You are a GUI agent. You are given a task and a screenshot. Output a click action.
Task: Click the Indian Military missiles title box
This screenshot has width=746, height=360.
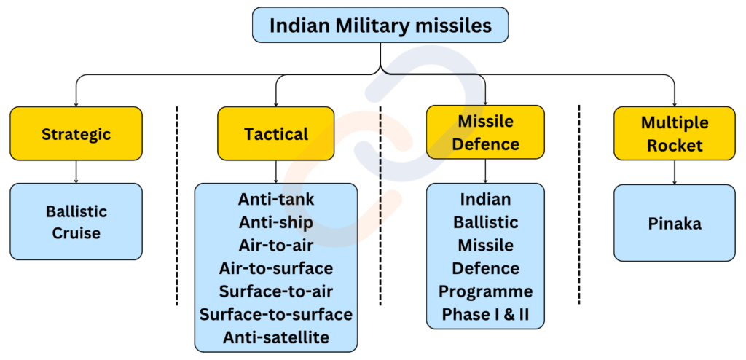[x=380, y=26]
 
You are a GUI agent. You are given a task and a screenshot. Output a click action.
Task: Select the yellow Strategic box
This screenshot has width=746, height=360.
[x=76, y=134]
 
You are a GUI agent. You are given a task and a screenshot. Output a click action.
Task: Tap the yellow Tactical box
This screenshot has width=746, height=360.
[x=276, y=134]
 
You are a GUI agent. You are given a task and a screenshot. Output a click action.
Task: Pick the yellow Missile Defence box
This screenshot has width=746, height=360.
[x=485, y=133]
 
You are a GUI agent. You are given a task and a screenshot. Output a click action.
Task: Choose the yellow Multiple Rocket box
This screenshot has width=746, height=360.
[x=674, y=134]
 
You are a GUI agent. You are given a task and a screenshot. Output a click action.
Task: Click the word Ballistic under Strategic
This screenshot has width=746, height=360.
[x=76, y=211]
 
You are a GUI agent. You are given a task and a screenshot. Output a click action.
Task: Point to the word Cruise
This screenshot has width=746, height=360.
[x=76, y=233]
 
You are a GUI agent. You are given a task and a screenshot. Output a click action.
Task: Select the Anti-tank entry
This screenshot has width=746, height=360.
[x=276, y=199]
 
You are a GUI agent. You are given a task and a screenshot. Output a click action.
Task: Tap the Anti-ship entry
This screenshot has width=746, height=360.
[x=276, y=222]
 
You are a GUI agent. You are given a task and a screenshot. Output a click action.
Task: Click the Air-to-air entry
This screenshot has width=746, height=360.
[x=276, y=245]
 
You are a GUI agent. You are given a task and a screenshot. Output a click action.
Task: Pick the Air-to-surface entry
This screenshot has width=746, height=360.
[x=276, y=268]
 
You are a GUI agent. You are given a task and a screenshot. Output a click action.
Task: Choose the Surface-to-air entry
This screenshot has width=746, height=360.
[x=276, y=291]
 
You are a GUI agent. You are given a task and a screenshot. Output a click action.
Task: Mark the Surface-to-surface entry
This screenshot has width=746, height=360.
[x=276, y=314]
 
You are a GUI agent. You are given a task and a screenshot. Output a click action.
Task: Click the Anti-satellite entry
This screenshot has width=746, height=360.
[x=276, y=337]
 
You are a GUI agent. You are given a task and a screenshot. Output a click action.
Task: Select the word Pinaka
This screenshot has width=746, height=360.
[x=674, y=223]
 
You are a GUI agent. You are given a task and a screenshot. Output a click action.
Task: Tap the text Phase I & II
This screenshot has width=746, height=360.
[x=485, y=314]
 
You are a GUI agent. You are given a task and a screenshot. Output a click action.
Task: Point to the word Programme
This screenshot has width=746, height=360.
[x=485, y=291]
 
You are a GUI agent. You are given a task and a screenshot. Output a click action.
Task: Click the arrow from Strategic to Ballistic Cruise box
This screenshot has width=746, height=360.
[x=76, y=172]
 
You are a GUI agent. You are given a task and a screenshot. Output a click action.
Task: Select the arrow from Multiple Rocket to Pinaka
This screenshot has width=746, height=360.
[x=674, y=172]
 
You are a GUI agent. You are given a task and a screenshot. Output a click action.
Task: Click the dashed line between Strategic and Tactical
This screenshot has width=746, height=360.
[x=177, y=204]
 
